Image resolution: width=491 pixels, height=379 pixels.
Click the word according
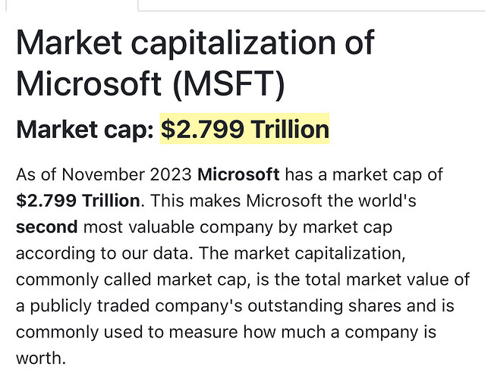[x=49, y=253]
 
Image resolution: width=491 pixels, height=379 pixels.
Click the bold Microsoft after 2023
[x=238, y=175]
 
